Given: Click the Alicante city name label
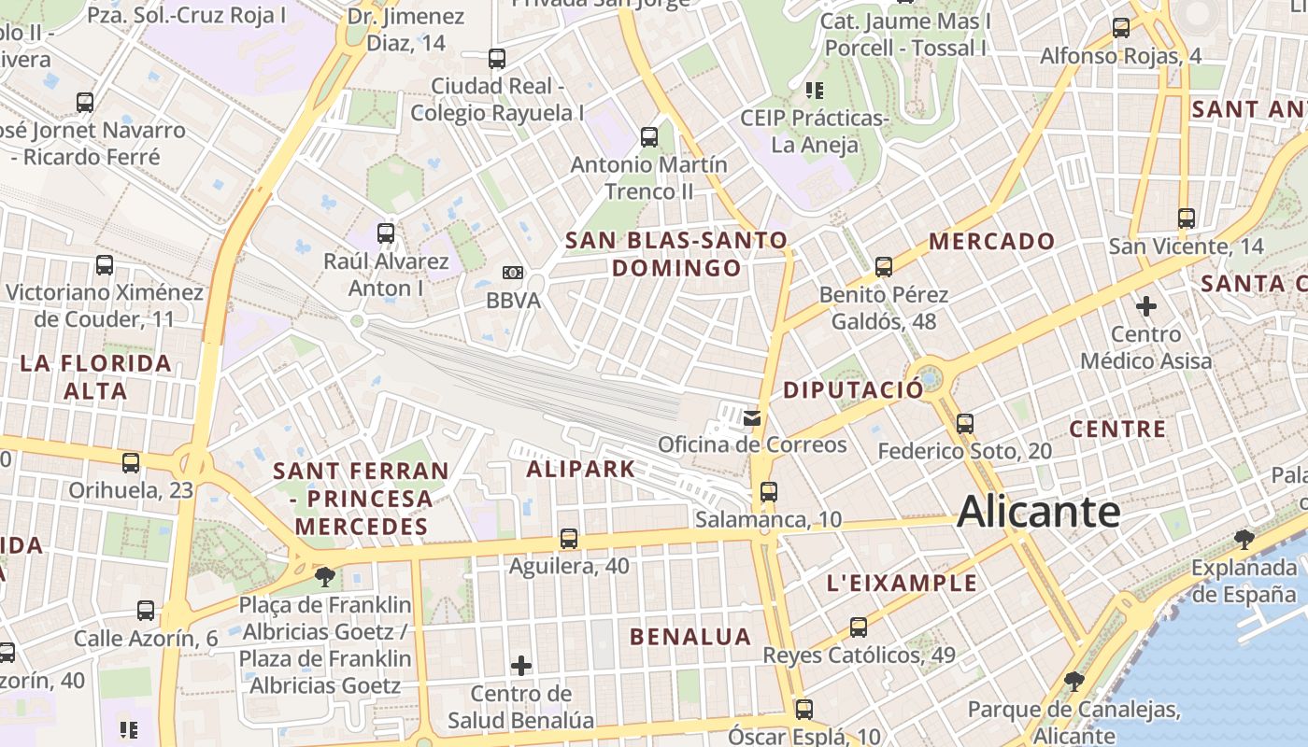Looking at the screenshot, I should point(1038,512).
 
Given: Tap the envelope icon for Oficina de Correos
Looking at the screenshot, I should point(752,417).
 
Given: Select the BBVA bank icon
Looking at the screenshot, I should point(512,273).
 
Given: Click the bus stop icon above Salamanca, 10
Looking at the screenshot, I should point(768,491).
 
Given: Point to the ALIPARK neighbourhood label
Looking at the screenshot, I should point(580,469).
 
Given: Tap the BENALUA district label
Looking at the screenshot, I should point(690,637).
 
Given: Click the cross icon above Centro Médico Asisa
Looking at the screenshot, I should point(1145,305).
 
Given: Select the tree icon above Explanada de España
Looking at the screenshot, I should point(1244,539).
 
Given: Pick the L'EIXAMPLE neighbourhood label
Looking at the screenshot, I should point(902,584).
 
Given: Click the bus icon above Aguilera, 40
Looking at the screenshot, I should point(568,538).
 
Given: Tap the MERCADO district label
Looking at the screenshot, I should point(991,241).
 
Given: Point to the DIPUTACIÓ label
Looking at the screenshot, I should point(853,390).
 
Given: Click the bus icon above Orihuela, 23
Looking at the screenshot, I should point(131,461).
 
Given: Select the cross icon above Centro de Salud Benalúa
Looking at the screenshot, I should point(521,666).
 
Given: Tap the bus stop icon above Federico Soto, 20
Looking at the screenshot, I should point(965,424).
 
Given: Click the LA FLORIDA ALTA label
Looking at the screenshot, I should point(95,376).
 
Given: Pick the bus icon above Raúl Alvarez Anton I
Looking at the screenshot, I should point(385,233).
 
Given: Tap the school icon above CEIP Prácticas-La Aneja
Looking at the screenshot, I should point(814,90).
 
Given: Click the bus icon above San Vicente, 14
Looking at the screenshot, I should point(1186,218).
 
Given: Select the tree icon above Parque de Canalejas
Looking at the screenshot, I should point(1074,682).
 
